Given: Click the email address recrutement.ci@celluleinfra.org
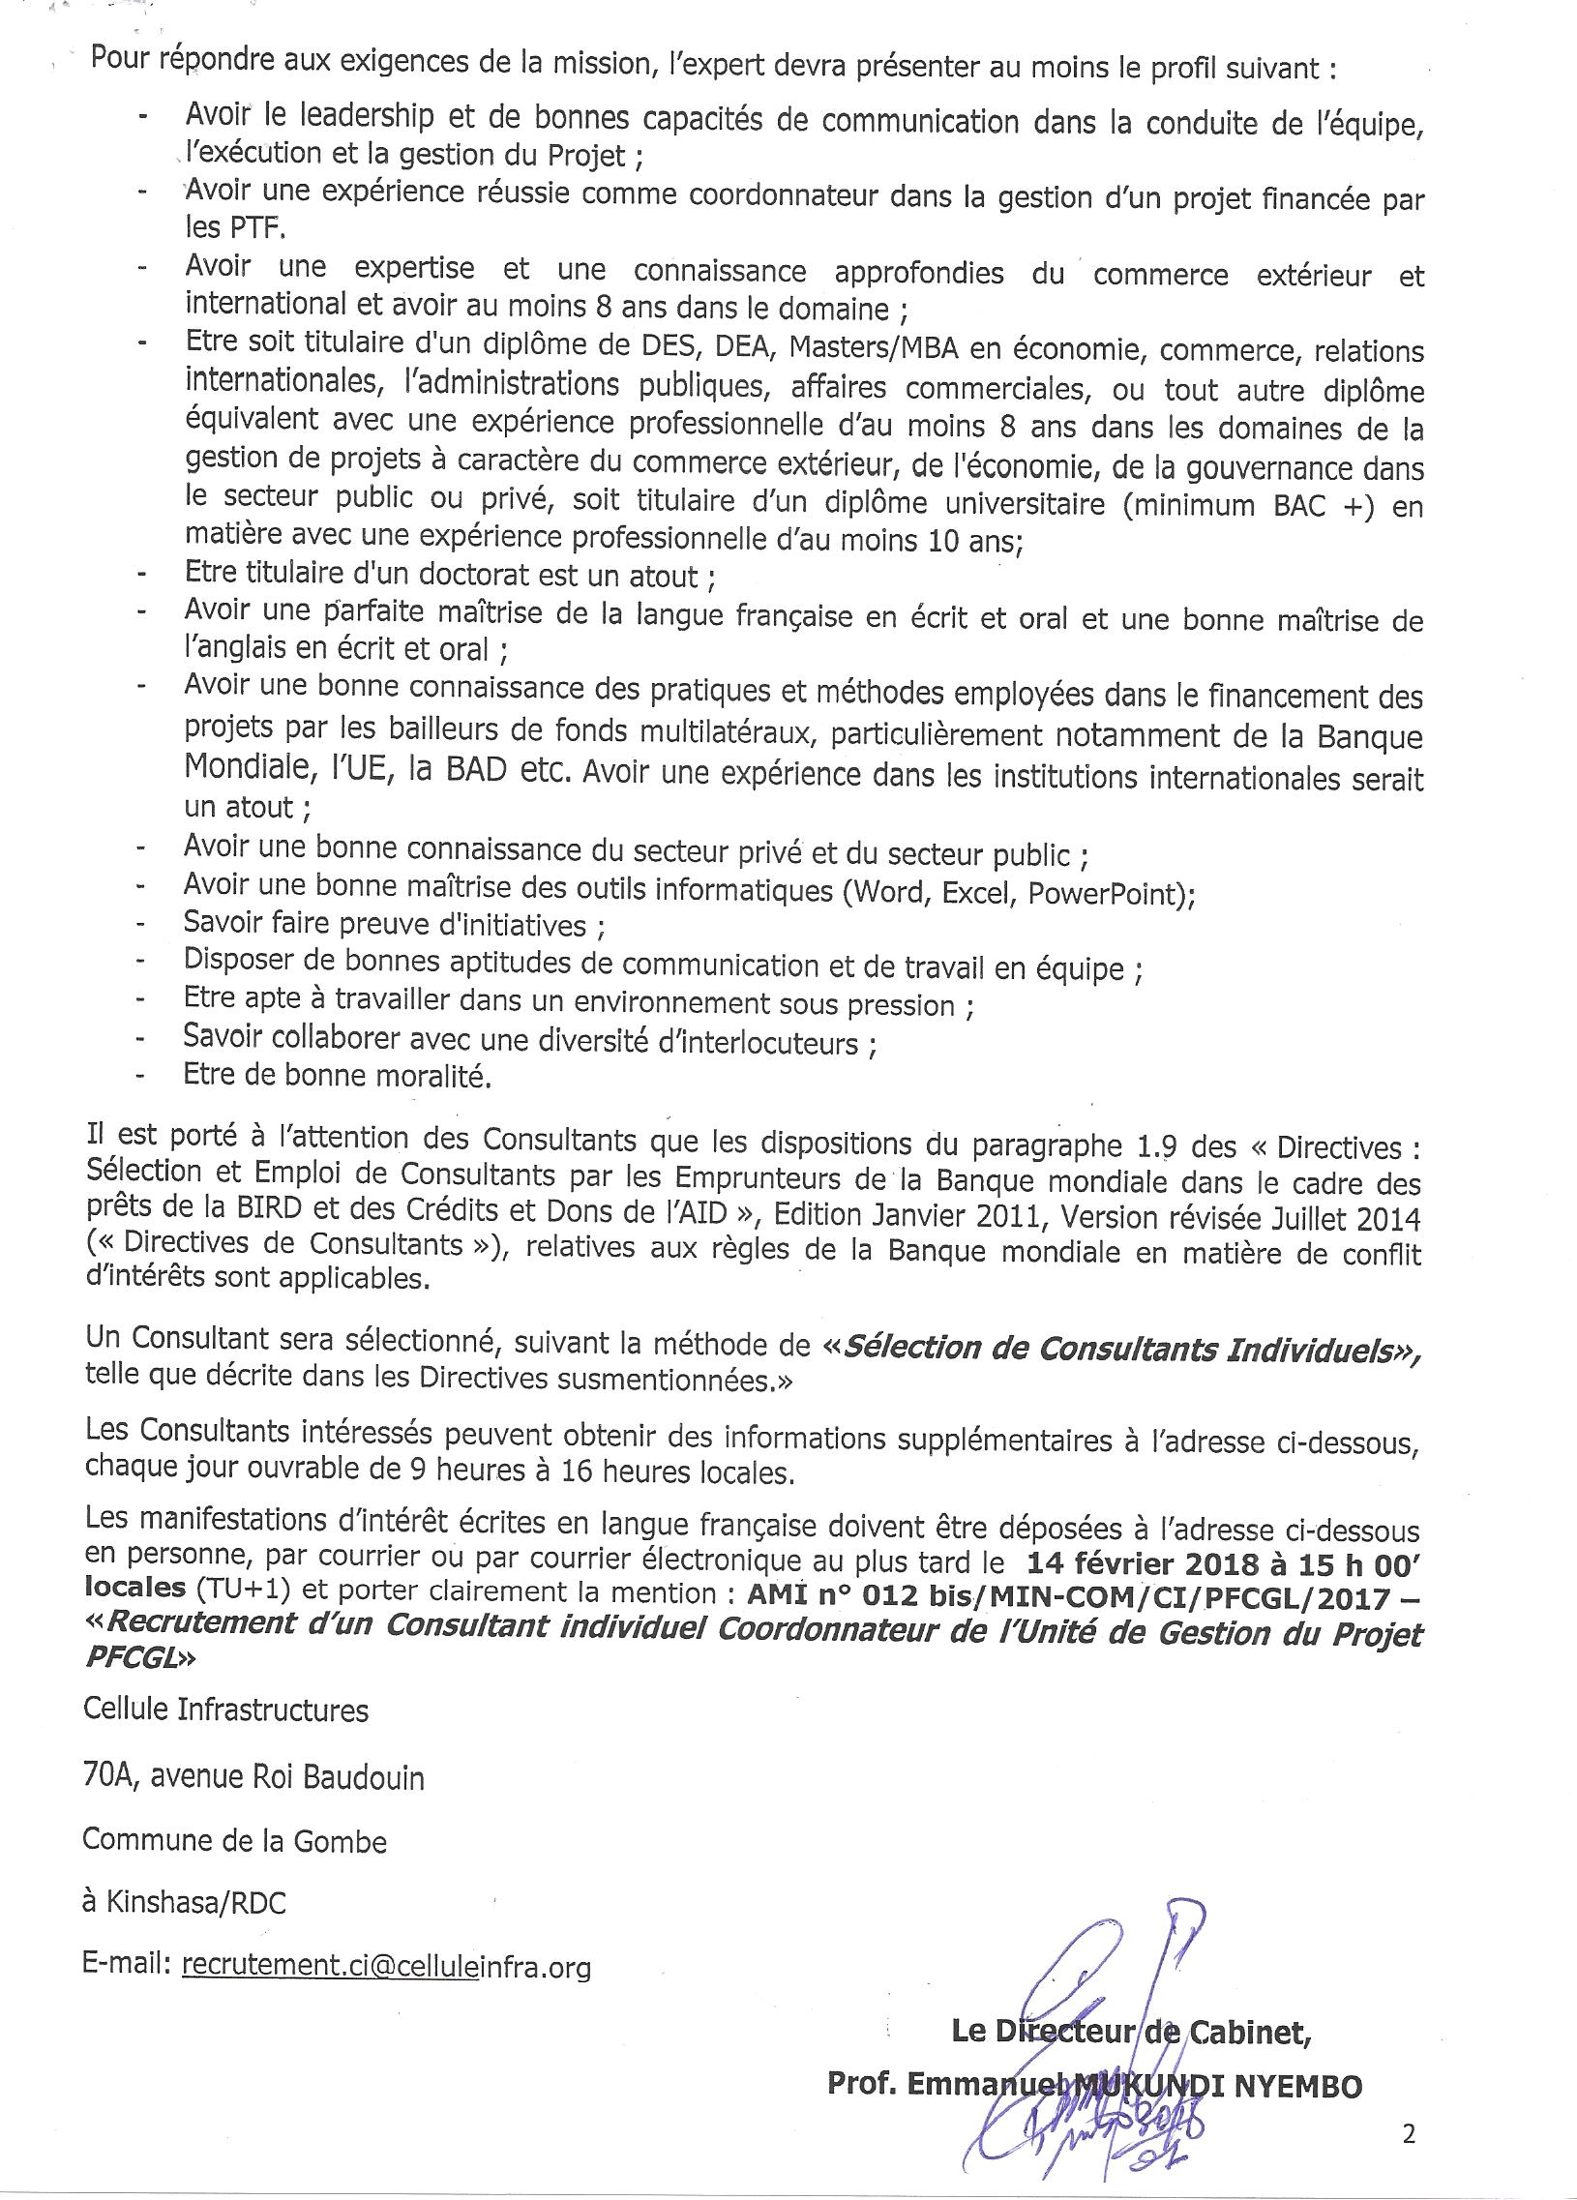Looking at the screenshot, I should pos(386,1965).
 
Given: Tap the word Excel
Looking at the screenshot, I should pos(976,891).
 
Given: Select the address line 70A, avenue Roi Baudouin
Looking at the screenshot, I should pos(253,1778).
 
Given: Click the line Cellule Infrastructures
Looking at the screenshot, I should pos(226,1709).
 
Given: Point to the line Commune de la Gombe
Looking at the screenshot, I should pos(235,1840).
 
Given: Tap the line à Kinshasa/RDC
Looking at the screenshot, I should pos(184,1902).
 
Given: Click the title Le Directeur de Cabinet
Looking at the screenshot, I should pos(1132,2032).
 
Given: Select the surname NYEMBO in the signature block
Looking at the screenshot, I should pos(1296,2086).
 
